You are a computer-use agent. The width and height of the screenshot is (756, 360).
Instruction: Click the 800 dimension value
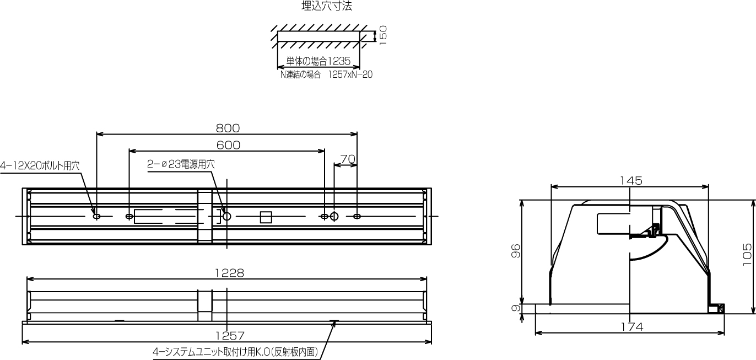point(228,128)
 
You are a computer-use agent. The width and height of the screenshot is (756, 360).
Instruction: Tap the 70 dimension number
point(348,159)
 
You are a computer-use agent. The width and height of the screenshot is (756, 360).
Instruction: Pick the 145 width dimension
point(630,180)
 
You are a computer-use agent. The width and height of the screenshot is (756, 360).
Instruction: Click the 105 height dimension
point(747,255)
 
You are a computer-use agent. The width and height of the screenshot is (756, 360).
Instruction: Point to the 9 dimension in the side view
point(516,308)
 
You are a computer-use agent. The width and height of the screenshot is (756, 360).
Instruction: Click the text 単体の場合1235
point(318,61)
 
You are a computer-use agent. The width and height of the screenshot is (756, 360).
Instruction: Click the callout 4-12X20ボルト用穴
point(40,165)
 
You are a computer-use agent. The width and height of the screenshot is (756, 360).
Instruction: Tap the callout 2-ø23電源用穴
point(181,164)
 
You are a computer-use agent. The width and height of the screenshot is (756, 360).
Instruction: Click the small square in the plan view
point(266,217)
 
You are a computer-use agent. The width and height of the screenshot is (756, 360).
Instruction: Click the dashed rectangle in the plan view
point(165,216)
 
